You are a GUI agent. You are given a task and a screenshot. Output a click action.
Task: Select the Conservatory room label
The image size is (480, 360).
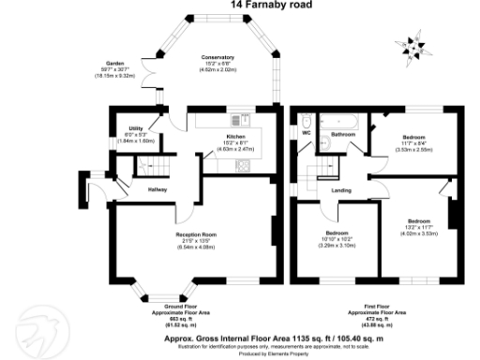click(217, 58)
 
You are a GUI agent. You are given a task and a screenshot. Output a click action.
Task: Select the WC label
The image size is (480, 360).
click(305, 133)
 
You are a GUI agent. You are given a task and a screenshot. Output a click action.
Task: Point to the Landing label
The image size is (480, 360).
click(340, 191)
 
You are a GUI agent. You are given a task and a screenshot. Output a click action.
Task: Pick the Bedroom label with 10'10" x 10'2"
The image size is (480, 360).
click(337, 232)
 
